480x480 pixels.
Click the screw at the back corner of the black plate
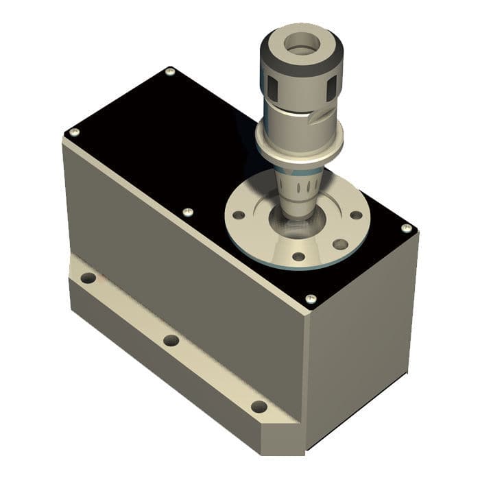point(170,71)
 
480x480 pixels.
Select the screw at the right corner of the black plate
point(407,228)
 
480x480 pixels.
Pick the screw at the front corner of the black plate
point(310,299)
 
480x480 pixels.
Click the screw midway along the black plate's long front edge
point(188,213)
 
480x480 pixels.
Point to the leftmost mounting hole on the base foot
point(88,278)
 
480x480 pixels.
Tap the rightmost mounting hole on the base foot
point(259,406)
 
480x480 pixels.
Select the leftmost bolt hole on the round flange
point(238,215)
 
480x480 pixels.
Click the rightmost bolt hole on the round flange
point(356,215)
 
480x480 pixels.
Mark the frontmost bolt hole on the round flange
point(298,256)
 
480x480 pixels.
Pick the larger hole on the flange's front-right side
point(339,244)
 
